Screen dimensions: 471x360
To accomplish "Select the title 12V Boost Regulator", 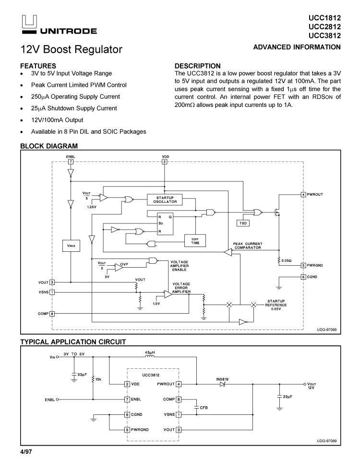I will tap(71, 49).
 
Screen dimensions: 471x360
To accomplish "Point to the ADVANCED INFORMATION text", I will tap(297, 47).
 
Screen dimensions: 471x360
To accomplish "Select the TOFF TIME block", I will tap(195, 240).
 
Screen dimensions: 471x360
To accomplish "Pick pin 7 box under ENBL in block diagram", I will tap(71, 162).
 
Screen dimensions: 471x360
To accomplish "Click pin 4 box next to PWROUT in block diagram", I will tap(303, 194).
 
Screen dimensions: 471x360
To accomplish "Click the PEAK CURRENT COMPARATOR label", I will tap(247, 246).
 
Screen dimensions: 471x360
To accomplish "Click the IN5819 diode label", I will tap(222, 379).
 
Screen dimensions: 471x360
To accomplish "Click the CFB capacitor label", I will tap(204, 407).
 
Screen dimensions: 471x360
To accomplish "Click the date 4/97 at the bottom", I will tap(26, 452).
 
